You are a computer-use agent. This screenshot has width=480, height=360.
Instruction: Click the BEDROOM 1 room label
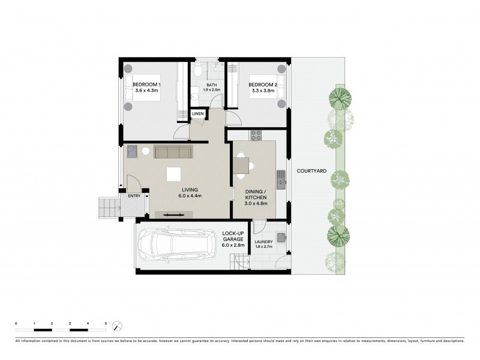(x=146, y=84)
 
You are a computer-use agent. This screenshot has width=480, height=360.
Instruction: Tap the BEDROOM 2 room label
(x=262, y=84)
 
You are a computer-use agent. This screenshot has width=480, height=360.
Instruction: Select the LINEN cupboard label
(x=198, y=113)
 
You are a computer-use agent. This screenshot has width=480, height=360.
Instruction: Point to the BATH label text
(x=212, y=85)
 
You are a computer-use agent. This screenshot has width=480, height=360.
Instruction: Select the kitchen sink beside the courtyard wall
(x=280, y=178)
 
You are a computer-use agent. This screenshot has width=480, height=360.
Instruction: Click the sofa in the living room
(x=173, y=152)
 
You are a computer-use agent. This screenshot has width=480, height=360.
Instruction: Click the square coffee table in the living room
(x=174, y=174)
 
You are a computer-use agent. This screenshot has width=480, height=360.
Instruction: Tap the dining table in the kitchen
(x=242, y=165)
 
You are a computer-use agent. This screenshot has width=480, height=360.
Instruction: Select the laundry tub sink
(x=281, y=236)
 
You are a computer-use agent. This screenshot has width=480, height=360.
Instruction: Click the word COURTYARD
(x=311, y=171)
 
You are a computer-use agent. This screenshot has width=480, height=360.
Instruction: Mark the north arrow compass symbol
(x=118, y=326)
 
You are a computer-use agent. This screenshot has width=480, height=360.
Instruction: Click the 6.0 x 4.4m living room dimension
(x=190, y=196)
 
